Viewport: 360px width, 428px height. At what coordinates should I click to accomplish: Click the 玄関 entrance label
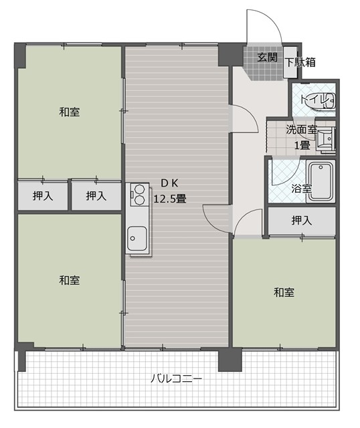[x=268, y=58]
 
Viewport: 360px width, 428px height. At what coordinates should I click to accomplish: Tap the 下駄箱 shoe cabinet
[x=290, y=62]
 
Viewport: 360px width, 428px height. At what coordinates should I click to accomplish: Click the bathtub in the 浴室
[x=321, y=181]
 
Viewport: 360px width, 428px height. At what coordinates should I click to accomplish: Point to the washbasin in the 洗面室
[x=326, y=139]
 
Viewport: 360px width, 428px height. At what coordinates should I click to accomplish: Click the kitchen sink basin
[x=137, y=239]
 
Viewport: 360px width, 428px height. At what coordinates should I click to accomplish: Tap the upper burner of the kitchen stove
[x=139, y=189]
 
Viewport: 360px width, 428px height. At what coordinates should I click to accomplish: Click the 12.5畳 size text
[x=170, y=199]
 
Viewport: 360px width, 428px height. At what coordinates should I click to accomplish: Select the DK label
[x=169, y=183]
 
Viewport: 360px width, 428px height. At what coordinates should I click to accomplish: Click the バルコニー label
[x=177, y=379]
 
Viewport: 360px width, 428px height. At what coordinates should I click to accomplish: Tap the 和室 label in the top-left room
[x=70, y=112]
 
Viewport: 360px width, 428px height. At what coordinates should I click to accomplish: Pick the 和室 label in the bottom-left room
[x=70, y=280]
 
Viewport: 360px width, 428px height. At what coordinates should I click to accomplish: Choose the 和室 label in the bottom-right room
[x=284, y=292]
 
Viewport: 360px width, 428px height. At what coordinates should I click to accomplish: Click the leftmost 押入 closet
[x=43, y=196]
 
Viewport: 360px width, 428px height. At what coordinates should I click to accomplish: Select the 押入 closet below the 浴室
[x=302, y=221]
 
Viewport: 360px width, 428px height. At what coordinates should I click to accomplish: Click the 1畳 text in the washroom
[x=302, y=145]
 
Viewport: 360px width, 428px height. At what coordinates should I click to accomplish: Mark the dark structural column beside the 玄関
[x=231, y=56]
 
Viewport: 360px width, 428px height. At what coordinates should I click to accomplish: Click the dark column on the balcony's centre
[x=230, y=360]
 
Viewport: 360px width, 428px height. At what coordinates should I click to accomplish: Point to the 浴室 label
[x=301, y=189]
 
